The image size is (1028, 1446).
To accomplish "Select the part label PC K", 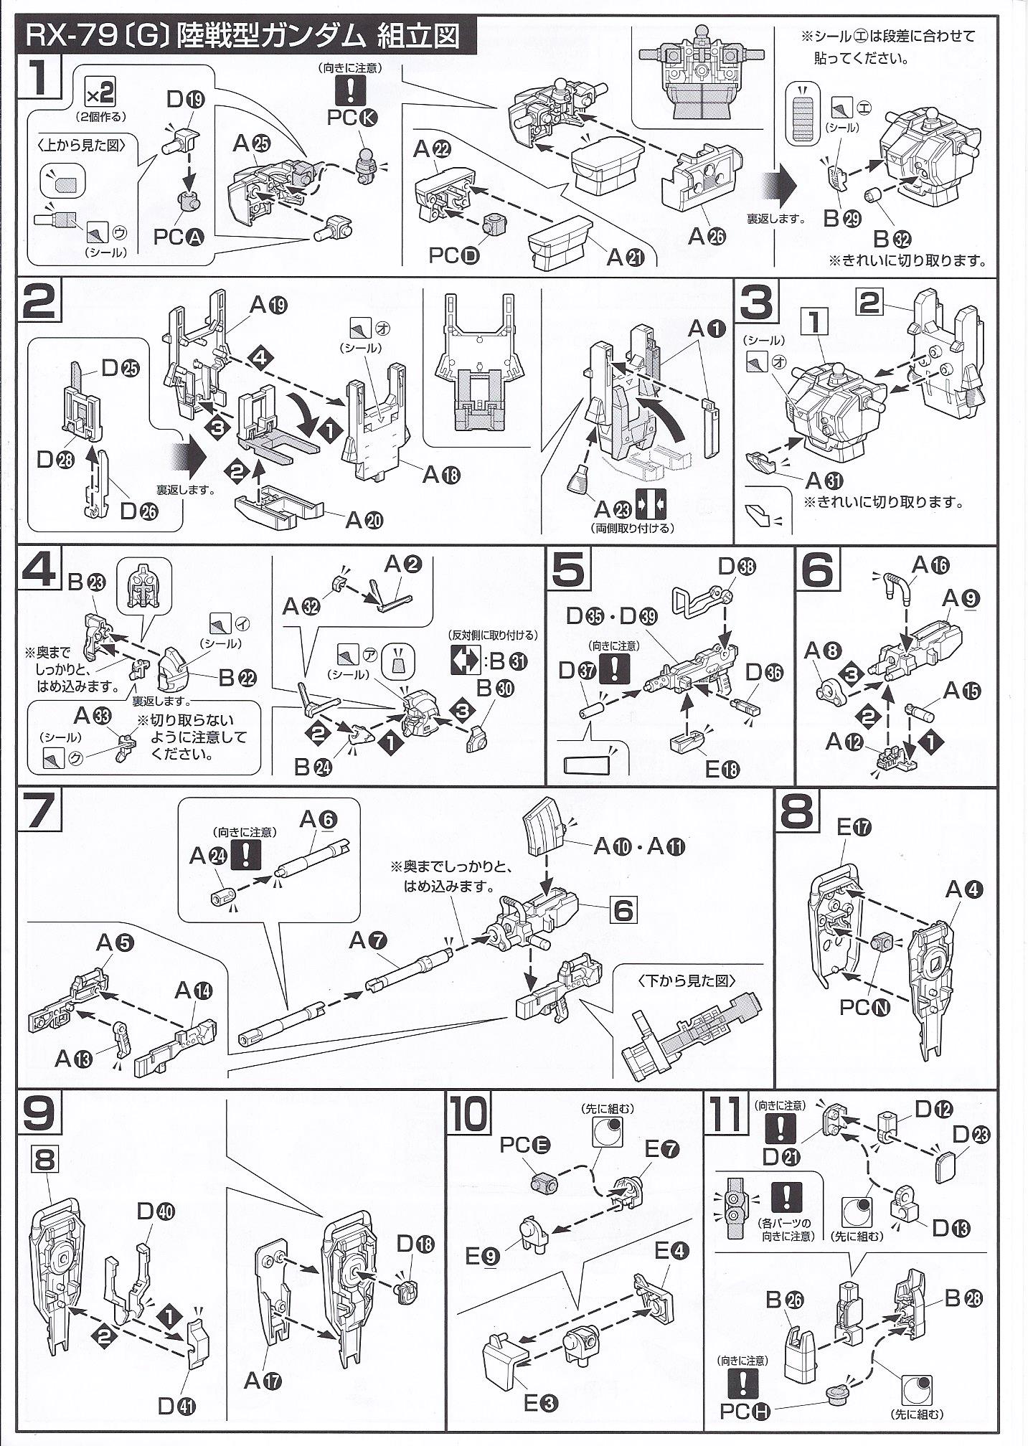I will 351,118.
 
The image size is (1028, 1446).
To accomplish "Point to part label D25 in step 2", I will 120,369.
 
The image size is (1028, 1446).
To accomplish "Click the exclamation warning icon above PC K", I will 351,90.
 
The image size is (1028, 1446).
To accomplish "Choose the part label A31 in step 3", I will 824,481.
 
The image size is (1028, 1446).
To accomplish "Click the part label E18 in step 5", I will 722,768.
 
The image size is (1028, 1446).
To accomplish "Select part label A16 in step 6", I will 930,566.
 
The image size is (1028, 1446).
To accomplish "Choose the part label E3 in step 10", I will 541,1403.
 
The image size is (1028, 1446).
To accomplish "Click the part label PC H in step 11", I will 745,1411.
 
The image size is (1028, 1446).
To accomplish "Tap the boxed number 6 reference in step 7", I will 622,910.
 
